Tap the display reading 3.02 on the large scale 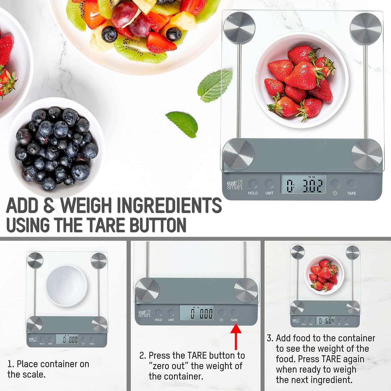[303, 185]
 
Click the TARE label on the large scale [351, 193]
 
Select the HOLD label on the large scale [253, 193]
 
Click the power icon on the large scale [335, 193]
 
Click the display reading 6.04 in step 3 [325, 321]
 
